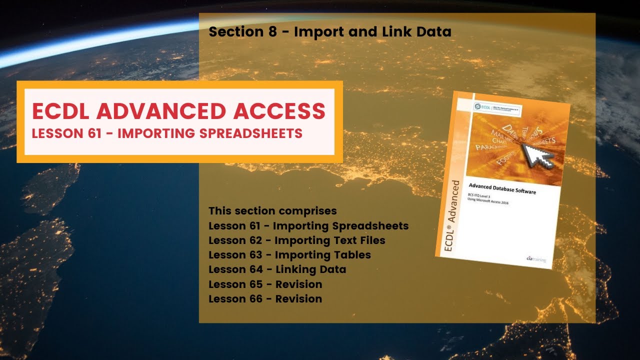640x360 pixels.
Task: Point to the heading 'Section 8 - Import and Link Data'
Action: pyautogui.click(x=330, y=32)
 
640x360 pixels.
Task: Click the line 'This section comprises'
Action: pyautogui.click(x=272, y=210)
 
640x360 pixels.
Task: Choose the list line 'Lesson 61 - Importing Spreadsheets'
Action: pyautogui.click(x=308, y=225)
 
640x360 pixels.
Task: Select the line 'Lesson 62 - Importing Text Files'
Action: pyautogui.click(x=297, y=240)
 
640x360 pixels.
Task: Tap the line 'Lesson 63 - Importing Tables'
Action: pyautogui.click(x=289, y=255)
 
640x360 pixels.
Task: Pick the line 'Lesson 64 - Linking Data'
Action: pyautogui.click(x=277, y=269)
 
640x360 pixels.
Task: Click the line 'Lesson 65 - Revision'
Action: pyautogui.click(x=265, y=284)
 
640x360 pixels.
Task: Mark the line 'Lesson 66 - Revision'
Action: pyautogui.click(x=265, y=299)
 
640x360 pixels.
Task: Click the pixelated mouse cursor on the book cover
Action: pyautogui.click(x=537, y=155)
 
